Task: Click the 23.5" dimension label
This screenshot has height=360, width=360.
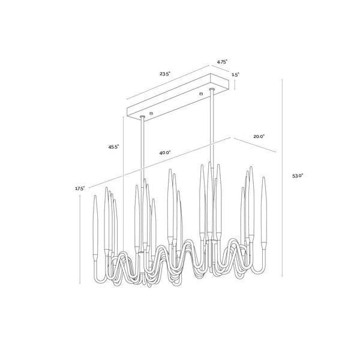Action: [165, 74]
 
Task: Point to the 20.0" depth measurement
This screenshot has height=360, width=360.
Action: [259, 137]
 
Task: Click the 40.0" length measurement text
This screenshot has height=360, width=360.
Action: [166, 153]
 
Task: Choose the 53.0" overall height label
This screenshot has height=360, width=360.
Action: [298, 176]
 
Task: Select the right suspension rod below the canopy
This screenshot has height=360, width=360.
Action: [211, 132]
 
